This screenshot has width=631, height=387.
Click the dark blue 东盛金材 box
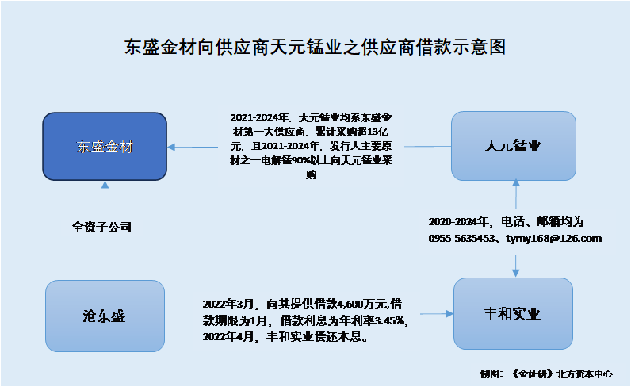tap(105, 146)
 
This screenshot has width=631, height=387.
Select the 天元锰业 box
tap(514, 146)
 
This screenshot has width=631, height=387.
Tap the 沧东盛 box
tap(105, 316)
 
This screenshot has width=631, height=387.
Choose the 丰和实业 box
tap(513, 314)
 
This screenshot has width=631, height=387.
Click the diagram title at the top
tap(315, 47)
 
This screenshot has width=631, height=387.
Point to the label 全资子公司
tap(101, 227)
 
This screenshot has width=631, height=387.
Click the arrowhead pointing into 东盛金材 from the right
tap(171, 147)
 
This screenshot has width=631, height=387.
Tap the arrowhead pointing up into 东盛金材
tap(105, 185)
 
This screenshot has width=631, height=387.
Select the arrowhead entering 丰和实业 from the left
tap(449, 314)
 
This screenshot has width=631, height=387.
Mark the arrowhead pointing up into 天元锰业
tap(516, 183)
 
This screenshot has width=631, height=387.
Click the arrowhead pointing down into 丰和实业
tap(515, 273)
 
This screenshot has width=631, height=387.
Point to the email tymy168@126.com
tap(554, 239)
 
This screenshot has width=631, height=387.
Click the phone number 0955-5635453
tap(461, 239)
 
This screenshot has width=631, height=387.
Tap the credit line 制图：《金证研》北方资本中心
tap(546, 374)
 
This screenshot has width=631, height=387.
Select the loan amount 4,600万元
tap(361, 304)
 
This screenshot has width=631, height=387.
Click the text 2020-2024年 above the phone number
tap(458, 222)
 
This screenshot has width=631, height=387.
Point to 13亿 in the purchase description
tap(378, 132)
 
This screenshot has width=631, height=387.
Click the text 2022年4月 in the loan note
tap(228, 336)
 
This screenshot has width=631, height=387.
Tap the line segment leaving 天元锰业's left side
tap(428, 147)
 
